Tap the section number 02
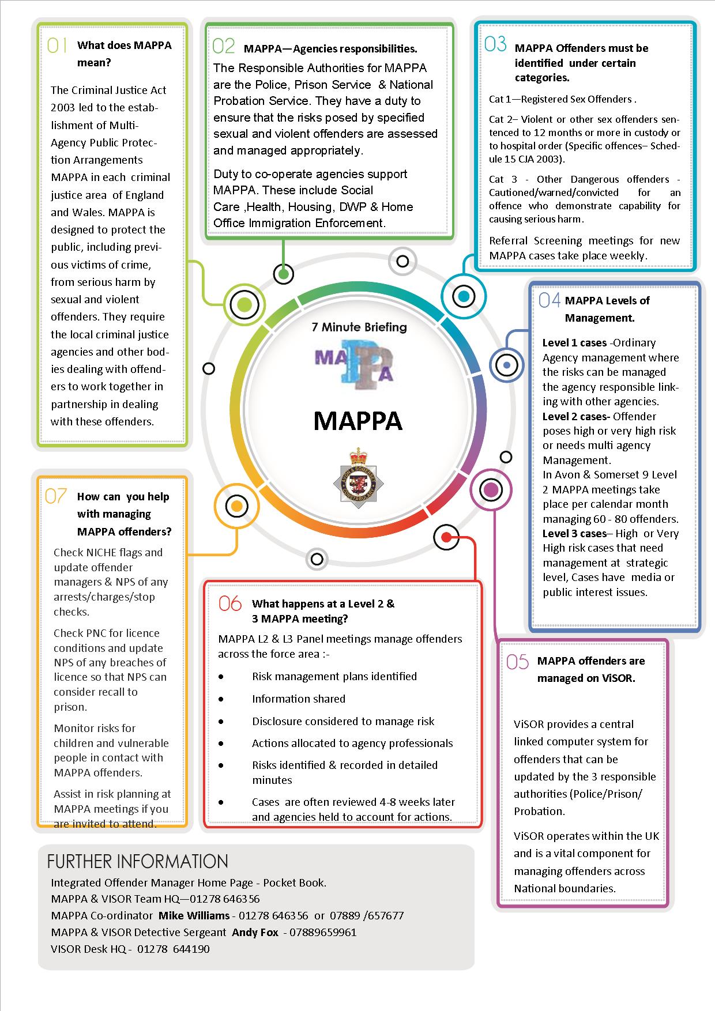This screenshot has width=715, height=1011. coord(223,46)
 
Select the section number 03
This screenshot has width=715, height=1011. coord(495,44)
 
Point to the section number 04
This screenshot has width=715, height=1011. coord(549,300)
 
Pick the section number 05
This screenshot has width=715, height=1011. coord(517,661)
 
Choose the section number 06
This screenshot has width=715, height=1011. coord(230,603)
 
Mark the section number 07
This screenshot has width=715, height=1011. coord(56,496)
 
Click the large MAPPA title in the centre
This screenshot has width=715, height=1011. coord(357,421)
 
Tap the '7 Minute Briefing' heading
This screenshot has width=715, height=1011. coord(359,327)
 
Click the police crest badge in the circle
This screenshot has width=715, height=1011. coord(357,478)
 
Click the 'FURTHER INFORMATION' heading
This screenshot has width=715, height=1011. coord(138,861)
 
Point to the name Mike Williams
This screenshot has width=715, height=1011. coord(194,915)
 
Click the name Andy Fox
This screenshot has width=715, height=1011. coord(255,932)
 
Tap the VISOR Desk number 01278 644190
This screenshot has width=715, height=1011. coord(173,949)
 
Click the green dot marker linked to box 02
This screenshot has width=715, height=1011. coord(283,274)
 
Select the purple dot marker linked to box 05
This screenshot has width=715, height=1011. coord(491,490)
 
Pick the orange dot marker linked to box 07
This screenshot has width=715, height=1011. coord(236,507)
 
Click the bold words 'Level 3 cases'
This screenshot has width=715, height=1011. coord(574,534)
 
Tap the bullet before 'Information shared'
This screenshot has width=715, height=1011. coord(221,699)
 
